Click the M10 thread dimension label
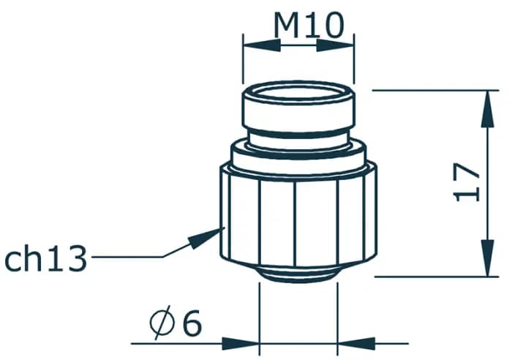308,26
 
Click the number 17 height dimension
467,183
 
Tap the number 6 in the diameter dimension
192,323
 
